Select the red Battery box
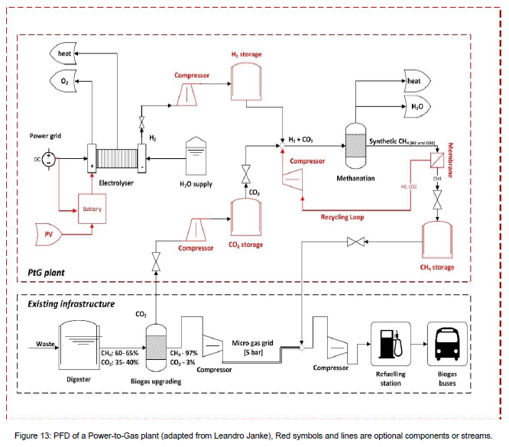(92, 208)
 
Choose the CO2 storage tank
(246, 218)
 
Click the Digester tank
(79, 345)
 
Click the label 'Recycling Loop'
(342, 217)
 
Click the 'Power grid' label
(46, 135)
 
